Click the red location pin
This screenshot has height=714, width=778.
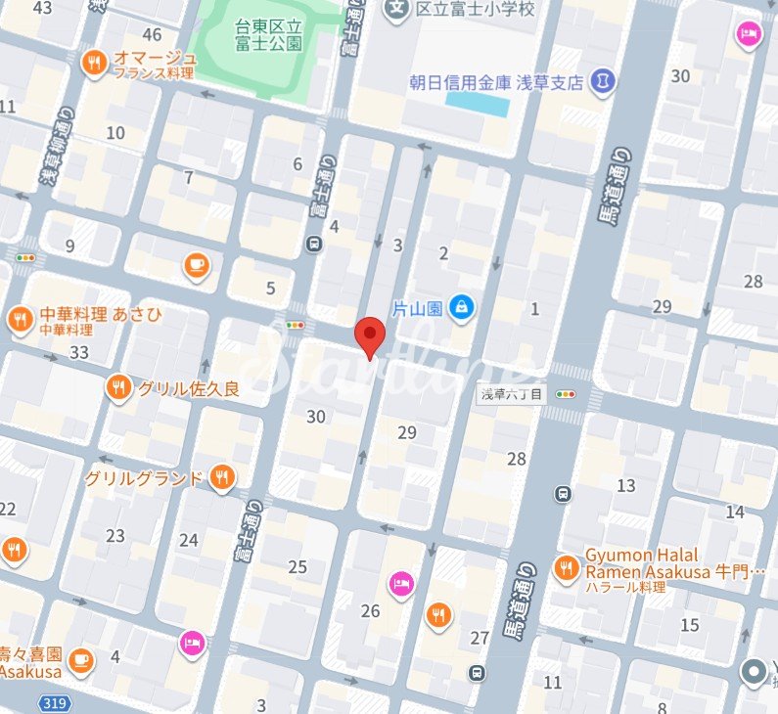click(369, 335)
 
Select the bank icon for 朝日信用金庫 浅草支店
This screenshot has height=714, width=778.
click(604, 82)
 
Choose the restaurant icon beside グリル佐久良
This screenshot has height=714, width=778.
click(118, 387)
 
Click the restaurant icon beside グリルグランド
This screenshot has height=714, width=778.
click(223, 478)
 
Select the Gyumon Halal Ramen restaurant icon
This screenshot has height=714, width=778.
click(565, 566)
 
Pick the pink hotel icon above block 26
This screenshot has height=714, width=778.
click(400, 585)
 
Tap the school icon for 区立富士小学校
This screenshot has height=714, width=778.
click(396, 10)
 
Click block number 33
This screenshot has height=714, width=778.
click(79, 352)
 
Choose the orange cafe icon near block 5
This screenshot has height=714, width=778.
click(197, 264)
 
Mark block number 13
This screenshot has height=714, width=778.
click(626, 485)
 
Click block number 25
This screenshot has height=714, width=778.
click(297, 566)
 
